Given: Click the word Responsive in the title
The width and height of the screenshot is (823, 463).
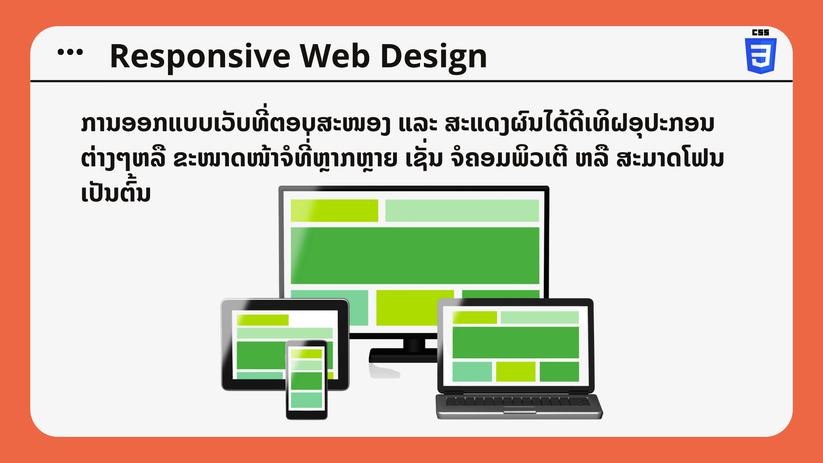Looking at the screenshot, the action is coord(200,57).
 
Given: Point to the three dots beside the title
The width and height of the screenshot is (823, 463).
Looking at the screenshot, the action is coord(70,52).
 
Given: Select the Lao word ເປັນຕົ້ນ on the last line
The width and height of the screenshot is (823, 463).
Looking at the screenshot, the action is coord(116,192).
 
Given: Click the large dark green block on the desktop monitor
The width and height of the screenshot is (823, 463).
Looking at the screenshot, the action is coord(415,256).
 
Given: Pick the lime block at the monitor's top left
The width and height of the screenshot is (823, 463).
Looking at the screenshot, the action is coord(334,210).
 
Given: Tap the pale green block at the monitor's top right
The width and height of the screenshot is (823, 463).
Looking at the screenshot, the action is coord(462,210).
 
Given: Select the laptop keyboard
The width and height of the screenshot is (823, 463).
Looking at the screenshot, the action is coord(518,402).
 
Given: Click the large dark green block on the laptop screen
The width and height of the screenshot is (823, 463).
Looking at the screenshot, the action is coord(516,342).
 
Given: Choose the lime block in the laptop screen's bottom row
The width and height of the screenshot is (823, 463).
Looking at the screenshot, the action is coord(516,372).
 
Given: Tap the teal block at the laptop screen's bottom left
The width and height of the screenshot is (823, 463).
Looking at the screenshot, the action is coord(472,372).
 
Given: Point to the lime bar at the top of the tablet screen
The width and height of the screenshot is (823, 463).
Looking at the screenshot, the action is coord(263,320).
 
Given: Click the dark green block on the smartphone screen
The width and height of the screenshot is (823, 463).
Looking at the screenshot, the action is coord(306,381).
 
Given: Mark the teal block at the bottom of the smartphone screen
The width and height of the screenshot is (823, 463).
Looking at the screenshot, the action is coord(306,400).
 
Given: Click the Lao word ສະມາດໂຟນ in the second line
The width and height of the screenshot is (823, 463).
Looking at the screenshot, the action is coord(670,159).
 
